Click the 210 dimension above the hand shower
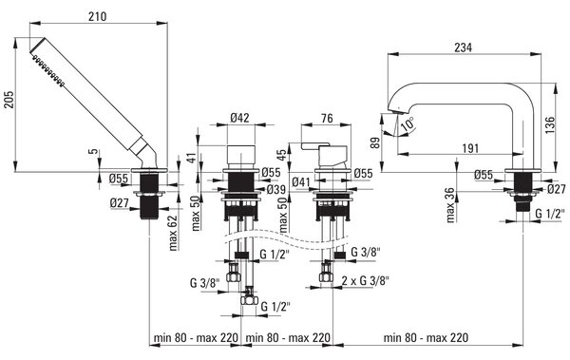coord(98,16)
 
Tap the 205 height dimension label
coord(9,100)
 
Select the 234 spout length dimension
coord(464,47)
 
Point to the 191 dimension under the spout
coord(470,148)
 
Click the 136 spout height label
coord(550,125)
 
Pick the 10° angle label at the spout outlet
coord(408,123)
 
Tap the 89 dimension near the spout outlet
coord(376,142)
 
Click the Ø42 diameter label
coord(240,118)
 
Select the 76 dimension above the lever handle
coord(327,118)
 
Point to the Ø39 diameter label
coord(275,189)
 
